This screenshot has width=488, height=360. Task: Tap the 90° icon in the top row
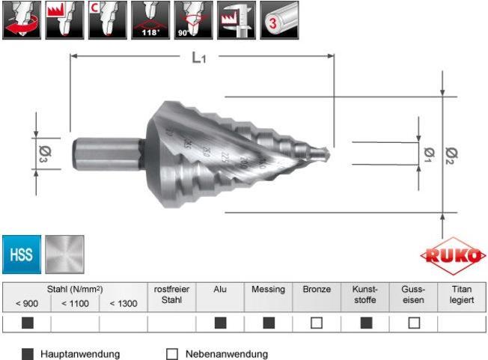pyautogui.click(x=193, y=20)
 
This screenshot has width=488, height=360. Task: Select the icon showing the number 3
pyautogui.click(x=278, y=20)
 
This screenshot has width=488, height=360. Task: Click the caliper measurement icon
pyautogui.click(x=236, y=20)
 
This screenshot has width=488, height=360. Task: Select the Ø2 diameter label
pyautogui.click(x=451, y=154)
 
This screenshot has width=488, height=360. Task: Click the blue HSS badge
pyautogui.click(x=21, y=254)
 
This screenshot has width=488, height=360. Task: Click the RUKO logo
pyautogui.click(x=452, y=256)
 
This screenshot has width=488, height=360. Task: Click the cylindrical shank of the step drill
pyautogui.click(x=105, y=156)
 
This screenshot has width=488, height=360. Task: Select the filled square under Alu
pyautogui.click(x=220, y=323)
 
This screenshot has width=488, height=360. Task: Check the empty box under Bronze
pyautogui.click(x=317, y=323)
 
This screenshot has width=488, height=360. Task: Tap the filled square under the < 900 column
pyautogui.click(x=27, y=323)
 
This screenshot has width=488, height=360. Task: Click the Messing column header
pyautogui.click(x=268, y=289)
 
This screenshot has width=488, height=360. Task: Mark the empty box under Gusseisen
pyautogui.click(x=413, y=323)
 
